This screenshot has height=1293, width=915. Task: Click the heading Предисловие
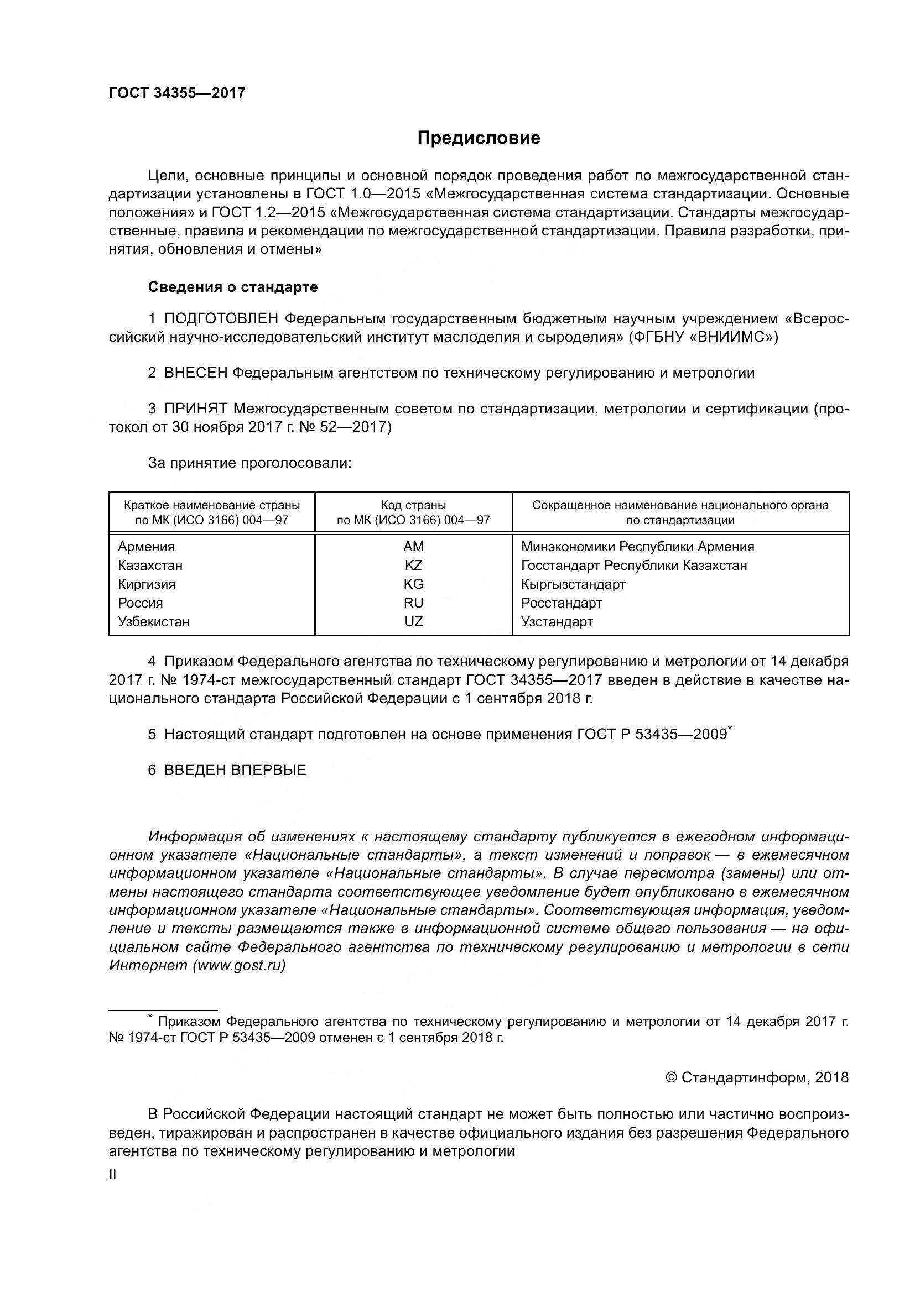(x=479, y=139)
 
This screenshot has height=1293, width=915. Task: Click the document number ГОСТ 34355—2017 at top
(x=177, y=93)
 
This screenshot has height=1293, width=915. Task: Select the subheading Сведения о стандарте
(x=233, y=287)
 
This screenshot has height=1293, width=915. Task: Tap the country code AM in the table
(x=414, y=547)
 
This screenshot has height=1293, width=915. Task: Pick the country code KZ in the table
(x=414, y=566)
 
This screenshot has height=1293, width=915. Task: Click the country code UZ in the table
(x=414, y=622)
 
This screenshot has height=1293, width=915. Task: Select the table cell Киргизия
(x=147, y=584)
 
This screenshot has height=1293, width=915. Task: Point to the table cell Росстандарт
(x=561, y=603)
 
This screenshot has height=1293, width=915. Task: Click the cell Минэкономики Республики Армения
(x=637, y=547)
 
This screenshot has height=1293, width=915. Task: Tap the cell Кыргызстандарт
(x=573, y=584)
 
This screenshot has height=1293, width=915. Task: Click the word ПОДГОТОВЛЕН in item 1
(x=221, y=320)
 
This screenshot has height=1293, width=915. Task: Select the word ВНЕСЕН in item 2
(x=195, y=373)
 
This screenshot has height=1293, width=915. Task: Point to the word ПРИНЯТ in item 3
(x=195, y=409)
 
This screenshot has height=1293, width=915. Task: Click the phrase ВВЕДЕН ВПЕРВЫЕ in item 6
(x=235, y=771)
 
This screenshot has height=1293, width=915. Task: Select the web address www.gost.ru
(x=239, y=966)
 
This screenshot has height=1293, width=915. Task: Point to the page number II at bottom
(x=113, y=1175)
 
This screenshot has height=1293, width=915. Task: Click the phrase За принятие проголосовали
(x=249, y=463)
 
